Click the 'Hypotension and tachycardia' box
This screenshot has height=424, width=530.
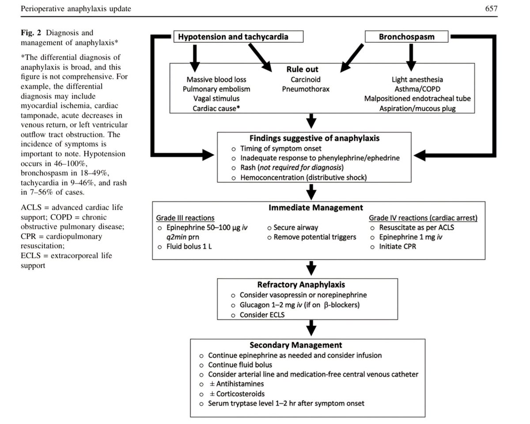233,37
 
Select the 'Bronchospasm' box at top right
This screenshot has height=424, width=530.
406,37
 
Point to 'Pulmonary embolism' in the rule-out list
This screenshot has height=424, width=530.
212,89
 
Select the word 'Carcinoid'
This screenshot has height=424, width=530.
305,79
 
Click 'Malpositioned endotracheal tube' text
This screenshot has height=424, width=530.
417,98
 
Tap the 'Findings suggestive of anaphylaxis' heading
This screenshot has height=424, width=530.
312,138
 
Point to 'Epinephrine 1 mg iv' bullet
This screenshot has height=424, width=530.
408,237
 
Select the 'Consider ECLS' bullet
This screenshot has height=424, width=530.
262,315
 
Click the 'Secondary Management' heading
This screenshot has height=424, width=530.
308,344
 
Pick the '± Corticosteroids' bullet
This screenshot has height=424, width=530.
236,394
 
